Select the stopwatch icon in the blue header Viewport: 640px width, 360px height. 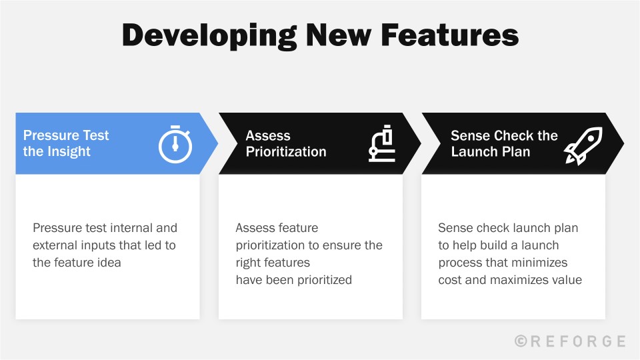175,143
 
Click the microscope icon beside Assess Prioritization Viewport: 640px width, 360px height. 382,145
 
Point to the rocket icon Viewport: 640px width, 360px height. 583,145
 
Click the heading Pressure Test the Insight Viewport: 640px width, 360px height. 66,143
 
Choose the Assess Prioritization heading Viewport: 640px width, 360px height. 286,143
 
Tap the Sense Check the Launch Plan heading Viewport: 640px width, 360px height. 504,143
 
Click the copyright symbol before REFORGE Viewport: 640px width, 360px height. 521,341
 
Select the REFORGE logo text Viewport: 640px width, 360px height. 578,341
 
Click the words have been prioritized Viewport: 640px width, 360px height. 294,280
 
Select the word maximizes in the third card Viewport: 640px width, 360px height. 521,280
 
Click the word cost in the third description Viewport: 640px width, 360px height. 450,280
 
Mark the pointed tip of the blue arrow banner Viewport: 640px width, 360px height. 217,143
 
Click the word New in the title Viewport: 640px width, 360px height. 331,35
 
